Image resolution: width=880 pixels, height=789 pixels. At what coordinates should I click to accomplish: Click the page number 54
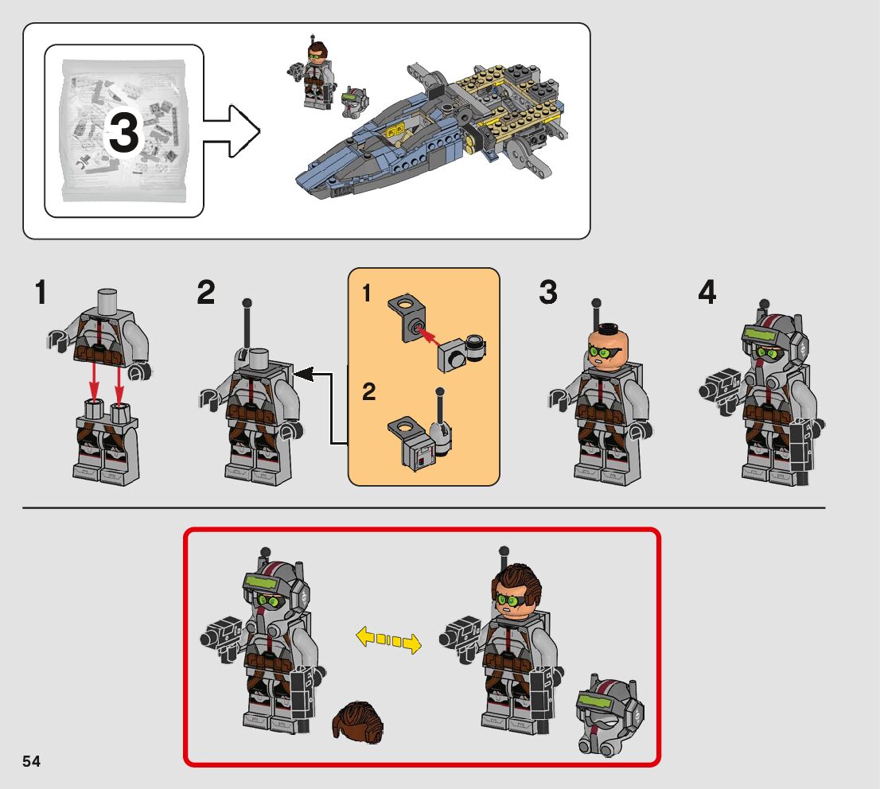32,761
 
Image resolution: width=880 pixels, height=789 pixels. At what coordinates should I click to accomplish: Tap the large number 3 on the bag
124,133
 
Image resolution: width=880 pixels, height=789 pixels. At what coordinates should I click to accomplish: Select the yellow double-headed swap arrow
388,640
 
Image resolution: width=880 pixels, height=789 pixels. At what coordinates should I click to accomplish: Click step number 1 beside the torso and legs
41,293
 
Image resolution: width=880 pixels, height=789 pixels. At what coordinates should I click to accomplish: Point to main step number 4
707,293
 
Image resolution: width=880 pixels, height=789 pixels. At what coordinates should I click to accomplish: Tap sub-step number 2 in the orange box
368,391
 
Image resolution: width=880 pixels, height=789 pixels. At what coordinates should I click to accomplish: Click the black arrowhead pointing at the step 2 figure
303,373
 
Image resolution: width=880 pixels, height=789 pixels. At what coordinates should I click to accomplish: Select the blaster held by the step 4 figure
721,390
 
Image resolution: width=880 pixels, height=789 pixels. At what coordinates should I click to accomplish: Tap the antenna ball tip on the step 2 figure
247,303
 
